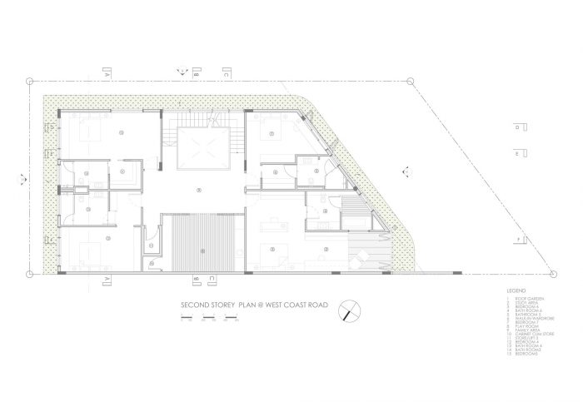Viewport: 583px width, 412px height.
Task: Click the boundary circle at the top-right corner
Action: [x=411, y=81]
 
